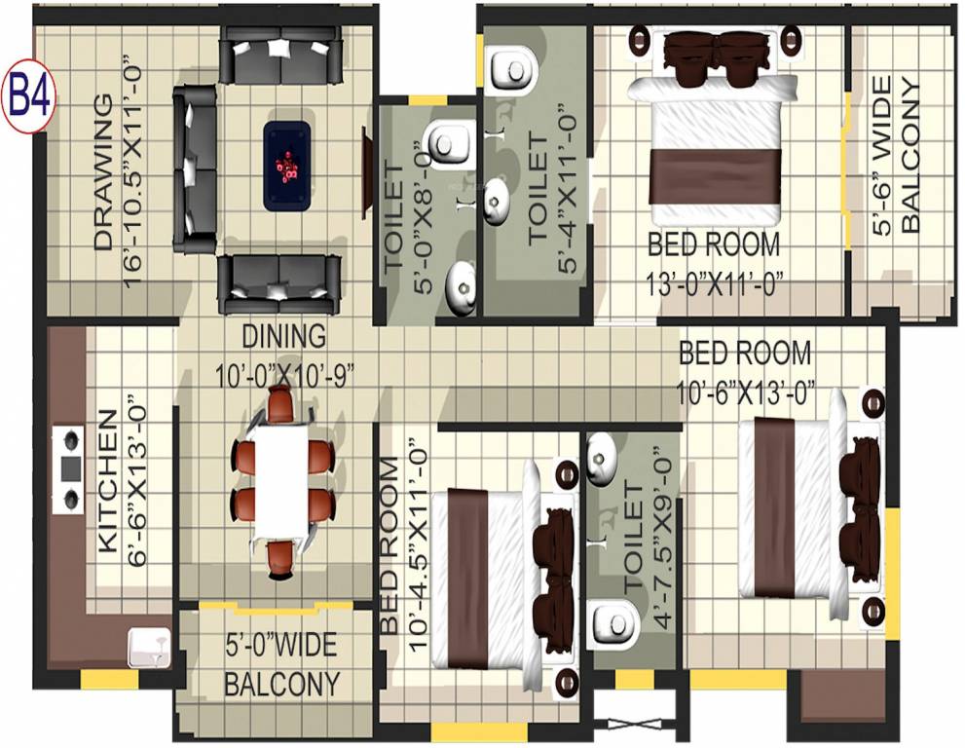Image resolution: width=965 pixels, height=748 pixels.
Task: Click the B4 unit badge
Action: pyautogui.click(x=30, y=98)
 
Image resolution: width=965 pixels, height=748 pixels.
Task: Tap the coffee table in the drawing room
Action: pyautogui.click(x=287, y=165)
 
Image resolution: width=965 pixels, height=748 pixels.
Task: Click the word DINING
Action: pyautogui.click(x=283, y=337)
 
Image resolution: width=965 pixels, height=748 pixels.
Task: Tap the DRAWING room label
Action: pyautogui.click(x=103, y=173)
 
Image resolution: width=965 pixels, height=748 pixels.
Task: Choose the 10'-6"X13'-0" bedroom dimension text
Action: pyautogui.click(x=746, y=393)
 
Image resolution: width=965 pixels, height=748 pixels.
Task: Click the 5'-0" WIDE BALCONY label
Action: pyautogui.click(x=282, y=662)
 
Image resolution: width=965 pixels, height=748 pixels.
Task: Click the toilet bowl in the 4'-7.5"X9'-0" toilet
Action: pyautogui.click(x=613, y=621)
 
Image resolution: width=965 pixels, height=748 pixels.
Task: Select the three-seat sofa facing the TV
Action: pyautogui.click(x=195, y=168)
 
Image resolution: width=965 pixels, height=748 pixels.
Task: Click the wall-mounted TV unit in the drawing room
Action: pyautogui.click(x=368, y=175)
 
